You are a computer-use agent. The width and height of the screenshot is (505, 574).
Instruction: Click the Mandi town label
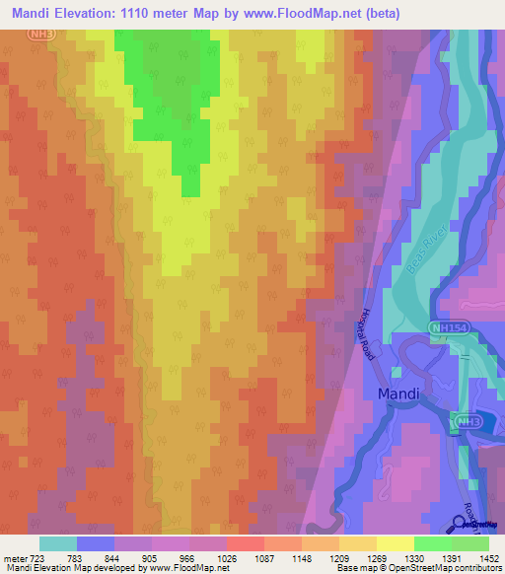399,395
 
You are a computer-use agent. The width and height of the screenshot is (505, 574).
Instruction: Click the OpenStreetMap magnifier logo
461,523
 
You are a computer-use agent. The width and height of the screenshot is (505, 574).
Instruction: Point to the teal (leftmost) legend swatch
58,543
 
